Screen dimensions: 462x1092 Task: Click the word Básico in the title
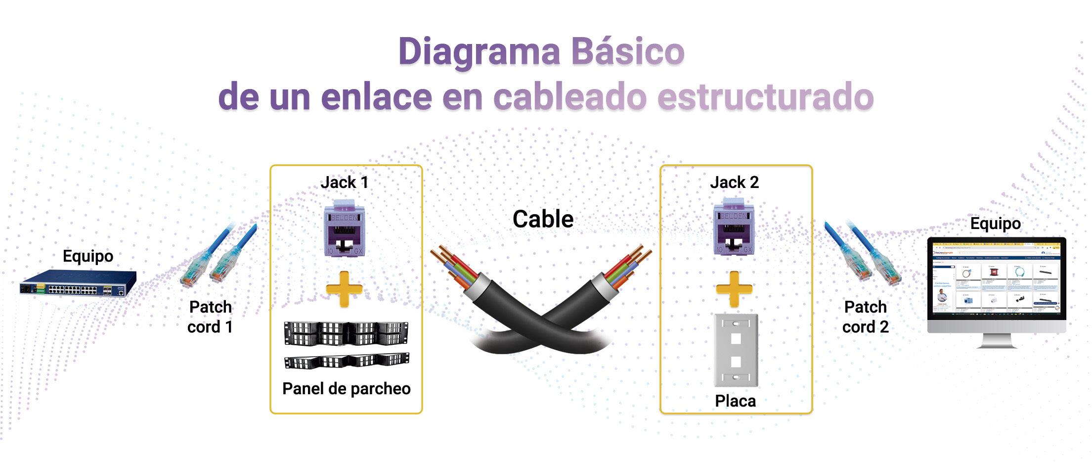(627, 51)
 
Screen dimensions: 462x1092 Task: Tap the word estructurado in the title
(766, 96)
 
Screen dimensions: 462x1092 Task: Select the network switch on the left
(78, 283)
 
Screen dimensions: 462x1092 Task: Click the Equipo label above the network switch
(88, 256)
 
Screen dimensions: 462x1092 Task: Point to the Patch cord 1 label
(210, 317)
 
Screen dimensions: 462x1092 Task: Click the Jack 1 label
(345, 183)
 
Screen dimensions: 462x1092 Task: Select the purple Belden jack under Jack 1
(345, 229)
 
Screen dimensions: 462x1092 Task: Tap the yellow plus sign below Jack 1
(345, 289)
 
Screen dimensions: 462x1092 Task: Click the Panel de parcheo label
(346, 389)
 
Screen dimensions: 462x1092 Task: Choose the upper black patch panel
(346, 333)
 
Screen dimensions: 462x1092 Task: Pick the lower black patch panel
(347, 361)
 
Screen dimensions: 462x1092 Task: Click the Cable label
(543, 219)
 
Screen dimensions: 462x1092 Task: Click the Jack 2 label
(735, 183)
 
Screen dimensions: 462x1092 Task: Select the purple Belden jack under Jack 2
(735, 228)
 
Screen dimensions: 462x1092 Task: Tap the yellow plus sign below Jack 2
(735, 289)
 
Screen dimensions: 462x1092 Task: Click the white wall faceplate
(736, 350)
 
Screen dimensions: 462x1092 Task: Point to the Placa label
(736, 401)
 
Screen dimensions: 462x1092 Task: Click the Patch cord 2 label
(866, 317)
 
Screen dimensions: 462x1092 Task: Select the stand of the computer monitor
(997, 341)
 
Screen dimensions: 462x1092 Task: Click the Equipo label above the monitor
(995, 224)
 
